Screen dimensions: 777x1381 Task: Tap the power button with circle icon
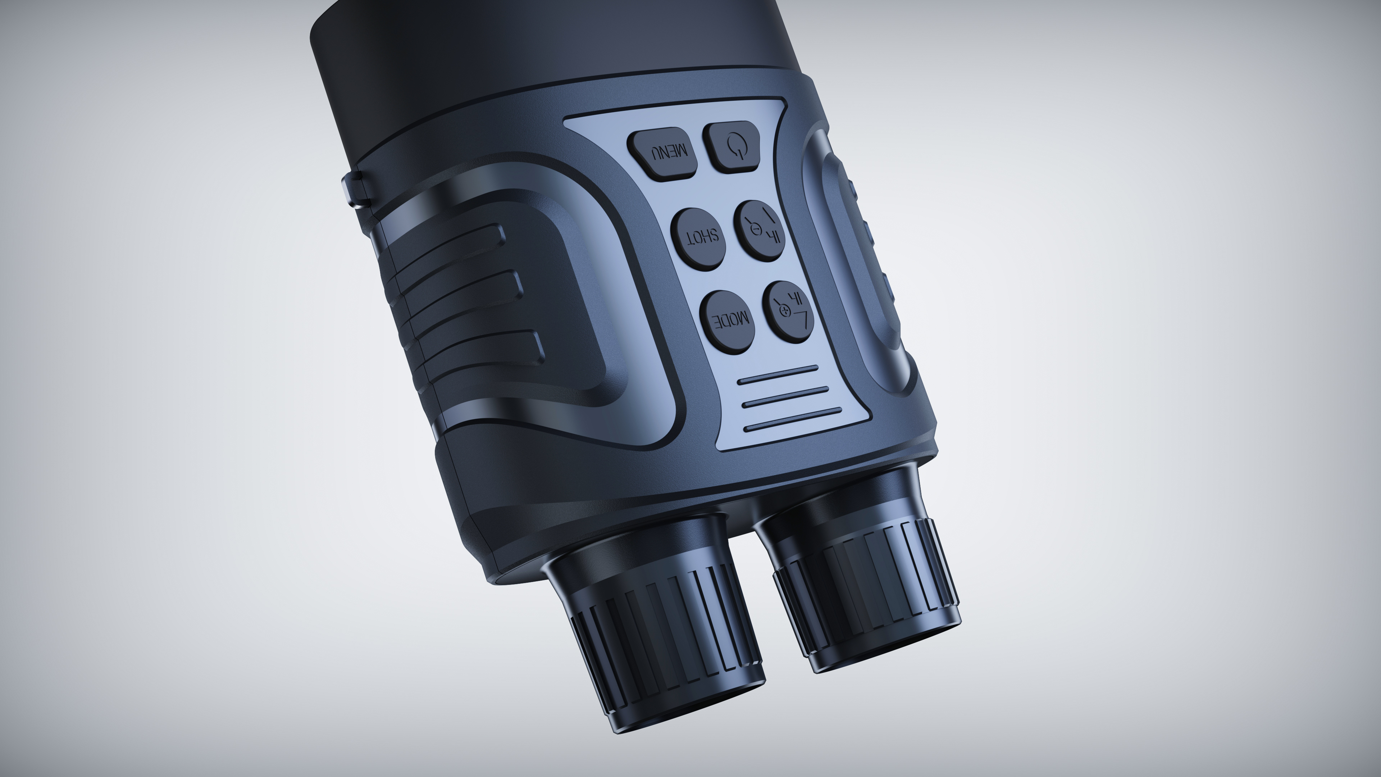[x=732, y=146]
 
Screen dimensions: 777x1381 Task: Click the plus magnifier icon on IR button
[x=785, y=312]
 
